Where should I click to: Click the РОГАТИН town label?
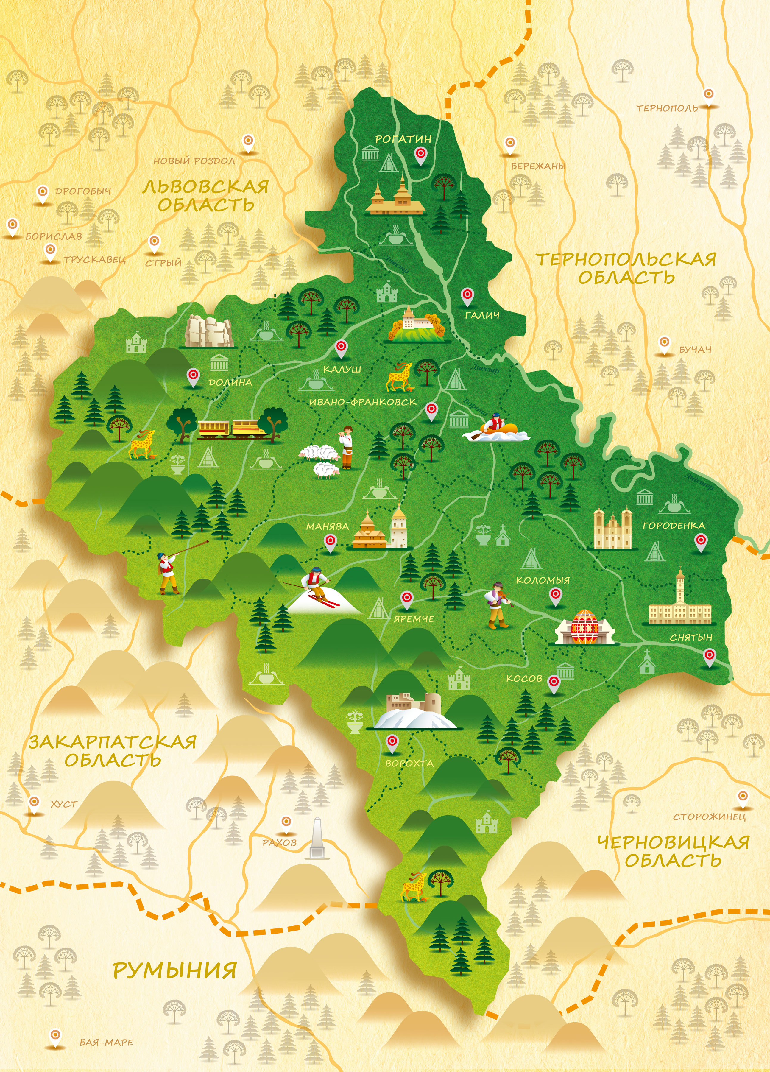[x=403, y=139]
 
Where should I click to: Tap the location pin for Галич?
[x=467, y=296]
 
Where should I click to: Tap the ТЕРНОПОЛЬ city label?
[x=666, y=108]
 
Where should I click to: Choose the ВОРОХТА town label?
[x=409, y=763]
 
